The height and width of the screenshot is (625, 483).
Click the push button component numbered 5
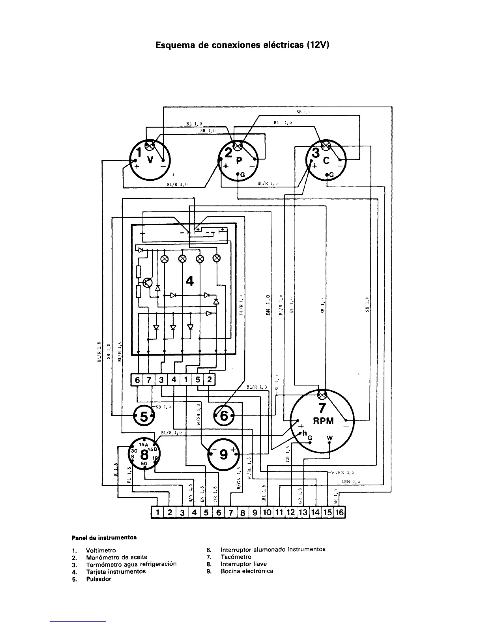point(144,415)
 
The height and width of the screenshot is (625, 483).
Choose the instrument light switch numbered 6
point(224,415)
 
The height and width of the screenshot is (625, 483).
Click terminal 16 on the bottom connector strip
point(339,513)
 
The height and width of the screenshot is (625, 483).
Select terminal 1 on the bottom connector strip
point(157,513)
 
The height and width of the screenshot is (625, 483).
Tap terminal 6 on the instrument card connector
point(137,380)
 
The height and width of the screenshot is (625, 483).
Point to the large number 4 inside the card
point(190,281)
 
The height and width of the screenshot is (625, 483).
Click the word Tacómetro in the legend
point(236,557)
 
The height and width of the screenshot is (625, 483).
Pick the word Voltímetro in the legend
point(101,550)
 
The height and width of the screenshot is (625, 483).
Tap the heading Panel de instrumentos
point(104,537)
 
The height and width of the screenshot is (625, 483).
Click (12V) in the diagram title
point(317,45)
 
